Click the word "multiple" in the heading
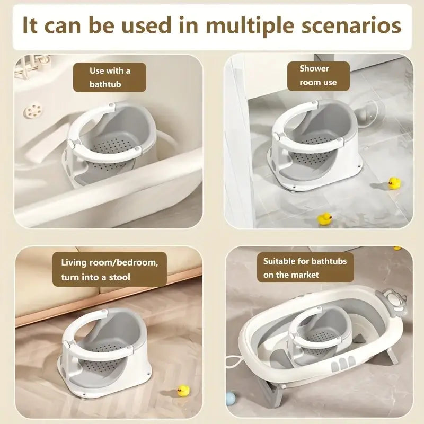click(250, 26)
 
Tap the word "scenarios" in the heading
click(351, 25)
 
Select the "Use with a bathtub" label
click(110, 77)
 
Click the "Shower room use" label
click(319, 76)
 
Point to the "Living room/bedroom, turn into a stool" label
click(110, 269)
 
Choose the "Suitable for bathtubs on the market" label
click(305, 268)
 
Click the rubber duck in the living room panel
click(183, 391)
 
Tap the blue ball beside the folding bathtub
click(231, 399)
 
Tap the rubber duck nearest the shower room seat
click(394, 183)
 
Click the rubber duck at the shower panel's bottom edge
click(324, 218)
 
